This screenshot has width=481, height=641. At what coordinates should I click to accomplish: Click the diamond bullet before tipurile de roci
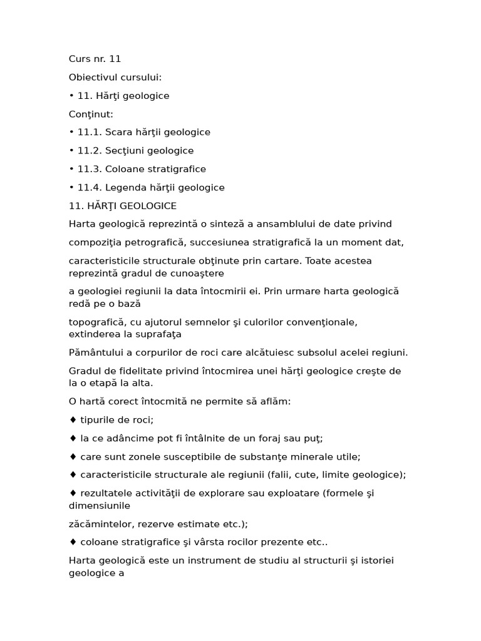tap(73, 420)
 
